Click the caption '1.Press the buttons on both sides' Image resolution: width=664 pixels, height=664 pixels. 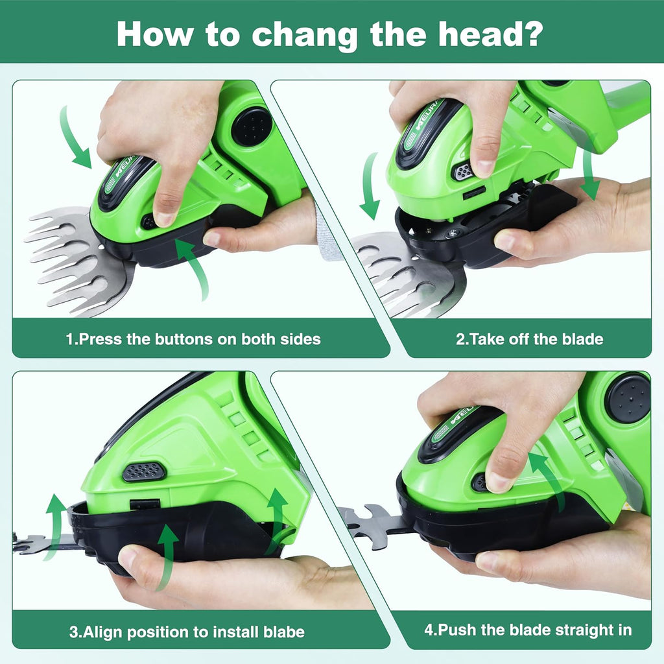pyautogui.click(x=193, y=338)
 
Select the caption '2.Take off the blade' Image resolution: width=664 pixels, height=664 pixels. pyautogui.click(x=529, y=338)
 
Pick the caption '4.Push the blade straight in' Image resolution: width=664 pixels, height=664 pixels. pyautogui.click(x=527, y=630)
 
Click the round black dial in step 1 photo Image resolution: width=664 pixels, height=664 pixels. pyautogui.click(x=252, y=127)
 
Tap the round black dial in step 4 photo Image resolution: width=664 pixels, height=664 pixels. pyautogui.click(x=627, y=398)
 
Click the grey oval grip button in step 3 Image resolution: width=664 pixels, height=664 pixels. pyautogui.click(x=144, y=471)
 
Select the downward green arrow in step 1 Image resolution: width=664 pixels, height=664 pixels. pyautogui.click(x=75, y=138)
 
